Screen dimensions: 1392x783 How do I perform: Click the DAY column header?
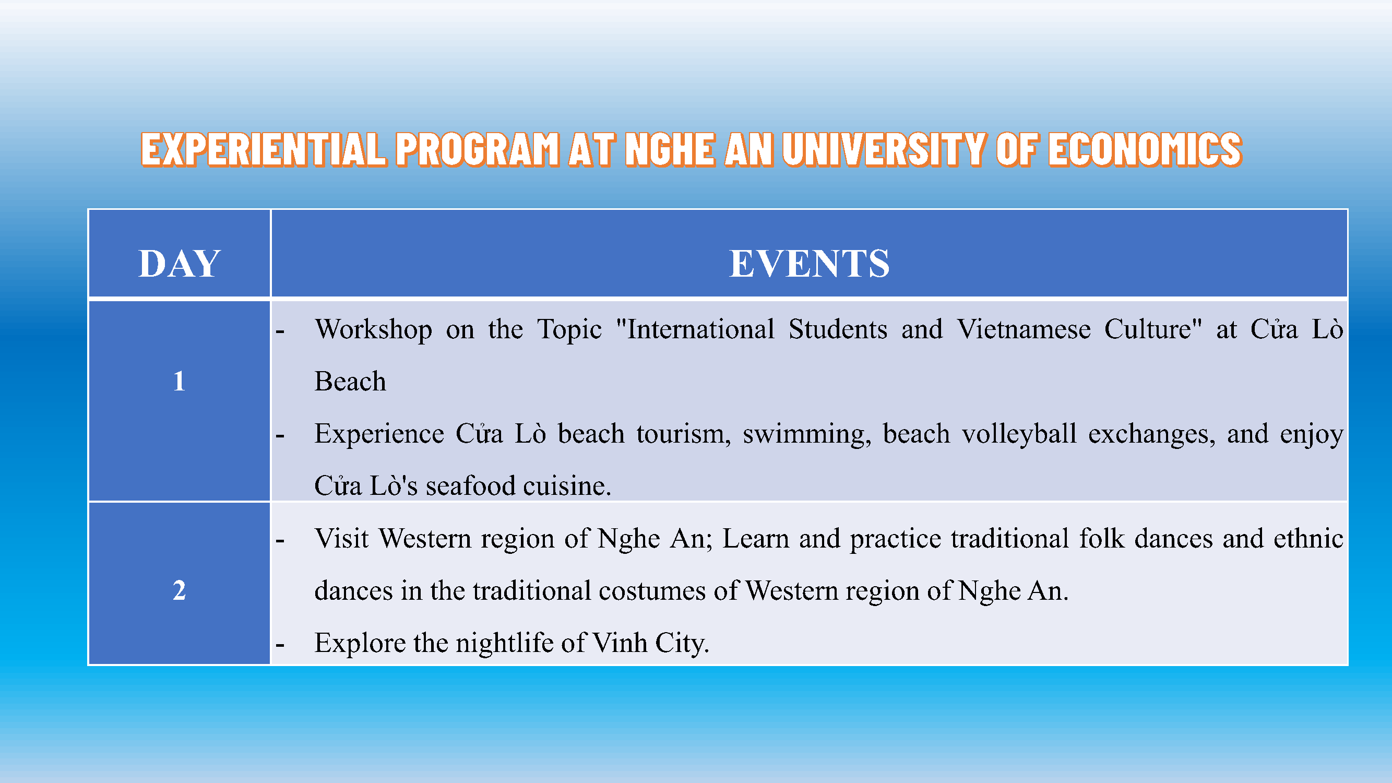(x=179, y=263)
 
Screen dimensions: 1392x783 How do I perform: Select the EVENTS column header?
(x=809, y=263)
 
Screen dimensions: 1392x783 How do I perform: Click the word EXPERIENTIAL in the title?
(x=264, y=149)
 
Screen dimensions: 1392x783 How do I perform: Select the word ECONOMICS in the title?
(x=1145, y=149)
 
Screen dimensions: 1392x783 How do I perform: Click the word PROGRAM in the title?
(x=477, y=149)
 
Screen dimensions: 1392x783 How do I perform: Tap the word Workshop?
(x=373, y=329)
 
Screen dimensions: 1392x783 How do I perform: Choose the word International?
(x=695, y=329)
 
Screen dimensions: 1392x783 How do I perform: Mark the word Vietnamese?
(x=1024, y=329)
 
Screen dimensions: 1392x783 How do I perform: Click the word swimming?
(x=807, y=434)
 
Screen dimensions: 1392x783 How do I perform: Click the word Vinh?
(x=620, y=643)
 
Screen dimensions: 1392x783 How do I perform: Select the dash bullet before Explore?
(x=280, y=645)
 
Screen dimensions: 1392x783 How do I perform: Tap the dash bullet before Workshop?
(x=280, y=331)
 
